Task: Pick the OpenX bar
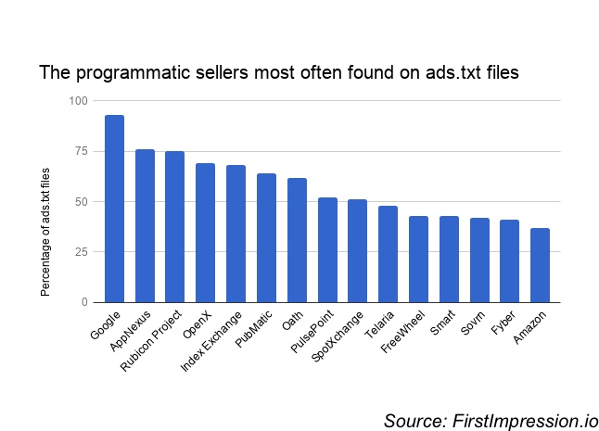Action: [205, 233]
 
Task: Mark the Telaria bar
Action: [388, 254]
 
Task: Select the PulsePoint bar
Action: [327, 249]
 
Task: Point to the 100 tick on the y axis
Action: [78, 100]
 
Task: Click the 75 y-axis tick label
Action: [81, 151]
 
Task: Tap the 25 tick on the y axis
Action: [81, 252]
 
